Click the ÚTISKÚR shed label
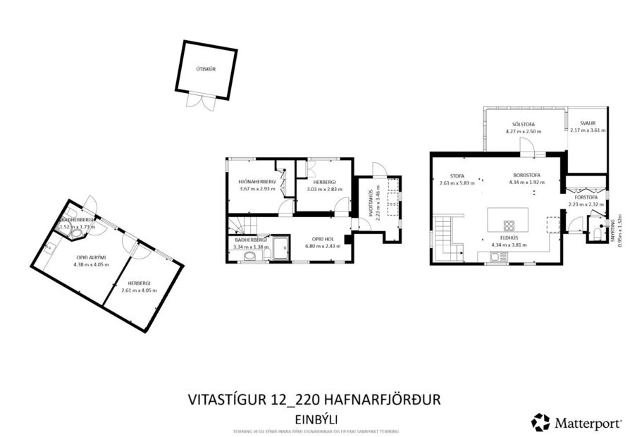point(206,69)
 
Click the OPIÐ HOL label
point(319,238)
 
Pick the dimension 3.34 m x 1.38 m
point(251,247)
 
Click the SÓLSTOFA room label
point(523,123)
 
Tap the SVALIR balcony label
point(587,123)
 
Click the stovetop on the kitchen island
point(509,226)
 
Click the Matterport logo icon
point(540,422)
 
